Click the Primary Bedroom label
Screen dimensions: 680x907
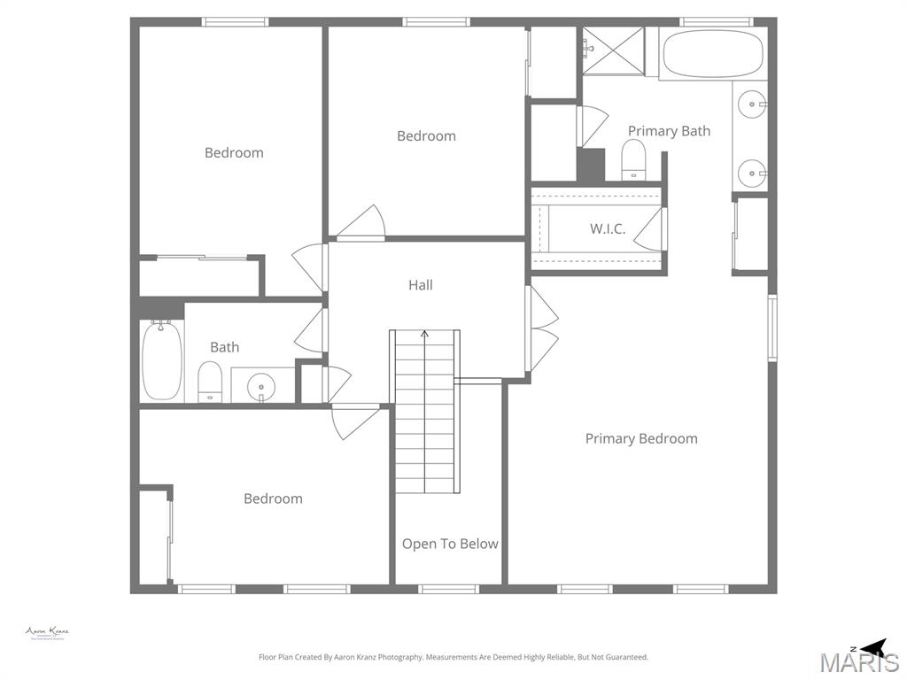[x=641, y=438]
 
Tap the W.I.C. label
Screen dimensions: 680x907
[x=608, y=228]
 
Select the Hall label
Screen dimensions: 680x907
[x=421, y=285]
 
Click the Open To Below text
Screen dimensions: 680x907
[x=450, y=544]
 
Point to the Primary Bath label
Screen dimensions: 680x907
[x=669, y=131]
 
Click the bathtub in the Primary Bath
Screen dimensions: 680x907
[x=712, y=53]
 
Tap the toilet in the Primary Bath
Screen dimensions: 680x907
[x=633, y=160]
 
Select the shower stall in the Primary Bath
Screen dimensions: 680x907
[x=614, y=50]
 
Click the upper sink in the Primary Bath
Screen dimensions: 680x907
[x=753, y=104]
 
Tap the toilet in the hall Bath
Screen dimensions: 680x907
[x=209, y=381]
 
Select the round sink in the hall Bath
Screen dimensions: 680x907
[x=261, y=386]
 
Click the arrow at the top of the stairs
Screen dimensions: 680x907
[x=425, y=335]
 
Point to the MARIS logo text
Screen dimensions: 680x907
[x=859, y=662]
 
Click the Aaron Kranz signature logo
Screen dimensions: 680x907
[x=47, y=632]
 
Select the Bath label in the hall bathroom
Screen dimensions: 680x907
[x=224, y=347]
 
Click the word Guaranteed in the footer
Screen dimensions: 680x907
[x=627, y=657]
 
